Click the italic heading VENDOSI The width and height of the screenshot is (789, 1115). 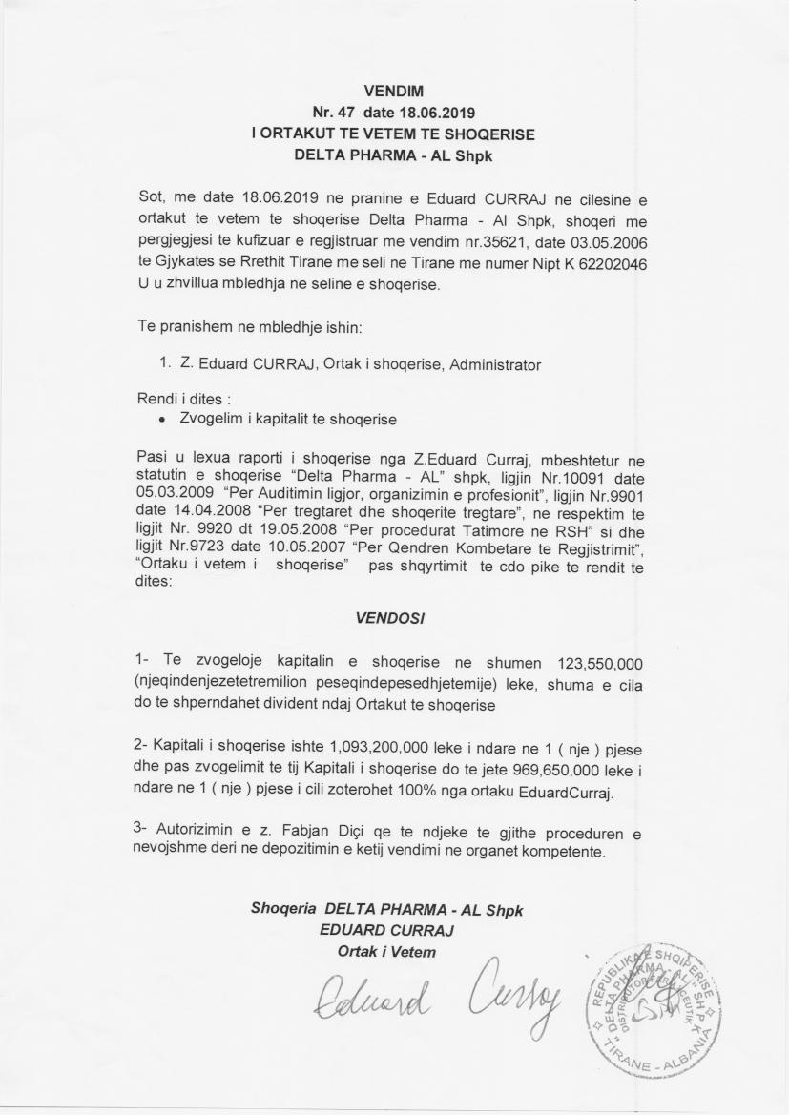point(389,617)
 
